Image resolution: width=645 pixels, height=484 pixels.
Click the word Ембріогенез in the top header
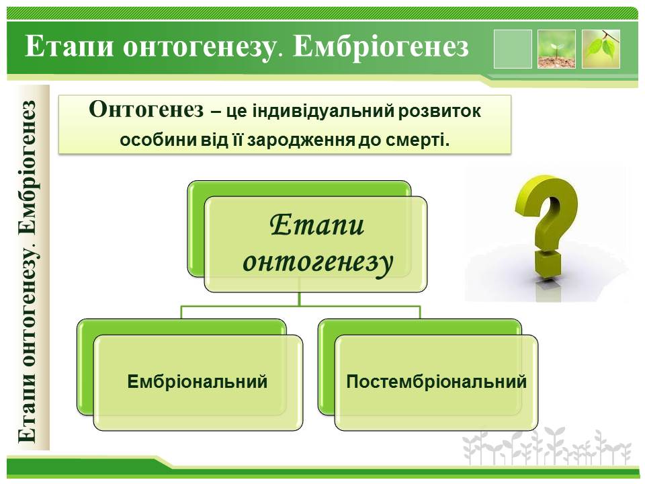(x=381, y=47)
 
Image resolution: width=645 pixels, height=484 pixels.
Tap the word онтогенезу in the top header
(x=199, y=48)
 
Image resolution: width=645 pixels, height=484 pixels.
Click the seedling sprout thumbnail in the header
(x=556, y=48)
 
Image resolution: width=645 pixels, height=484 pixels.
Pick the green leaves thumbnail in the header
(x=601, y=48)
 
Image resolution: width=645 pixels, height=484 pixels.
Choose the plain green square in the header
(x=513, y=48)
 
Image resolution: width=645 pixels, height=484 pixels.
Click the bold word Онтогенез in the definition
(x=146, y=110)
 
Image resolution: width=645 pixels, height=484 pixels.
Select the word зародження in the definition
(x=301, y=140)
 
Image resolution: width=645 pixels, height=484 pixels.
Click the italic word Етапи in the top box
(x=317, y=226)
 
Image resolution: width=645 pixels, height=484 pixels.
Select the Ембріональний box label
(x=198, y=382)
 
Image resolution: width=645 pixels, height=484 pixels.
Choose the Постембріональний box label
(x=437, y=382)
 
